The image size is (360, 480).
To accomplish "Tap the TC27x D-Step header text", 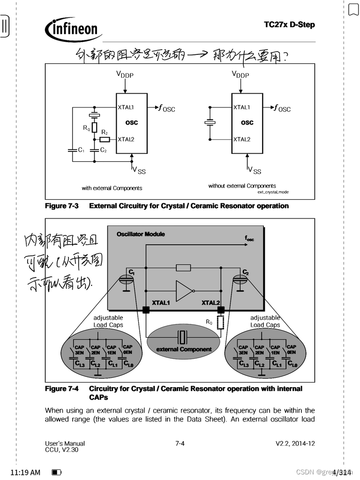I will (289, 24).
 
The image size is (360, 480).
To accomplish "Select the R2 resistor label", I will (104, 133).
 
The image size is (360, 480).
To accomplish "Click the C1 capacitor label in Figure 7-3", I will (81, 150).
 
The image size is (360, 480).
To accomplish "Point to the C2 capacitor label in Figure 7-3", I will (104, 150).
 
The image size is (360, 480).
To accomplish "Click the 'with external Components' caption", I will (112, 188).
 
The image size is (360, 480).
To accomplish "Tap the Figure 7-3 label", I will (61, 206).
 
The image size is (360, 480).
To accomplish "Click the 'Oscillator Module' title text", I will (141, 234).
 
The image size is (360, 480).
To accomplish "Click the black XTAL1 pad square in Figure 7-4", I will (146, 309).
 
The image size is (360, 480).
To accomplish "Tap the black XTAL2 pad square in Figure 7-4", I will (221, 309).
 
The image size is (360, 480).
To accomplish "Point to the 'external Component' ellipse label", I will (184, 349).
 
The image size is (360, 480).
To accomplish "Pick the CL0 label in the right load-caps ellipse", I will (292, 363).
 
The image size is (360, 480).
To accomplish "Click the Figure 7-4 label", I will (61, 389).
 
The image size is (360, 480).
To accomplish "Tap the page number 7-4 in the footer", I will (180, 443).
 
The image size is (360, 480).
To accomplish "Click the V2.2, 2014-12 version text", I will (295, 443).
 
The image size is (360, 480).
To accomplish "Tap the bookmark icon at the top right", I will (353, 9).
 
